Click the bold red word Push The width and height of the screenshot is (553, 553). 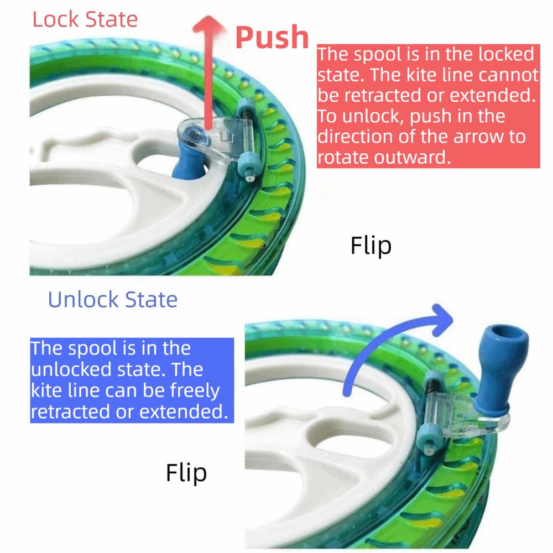point(272,37)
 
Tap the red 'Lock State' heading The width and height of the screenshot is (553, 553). point(85,19)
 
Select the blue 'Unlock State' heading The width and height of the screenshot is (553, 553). point(113,300)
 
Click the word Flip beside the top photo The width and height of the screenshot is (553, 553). point(371,245)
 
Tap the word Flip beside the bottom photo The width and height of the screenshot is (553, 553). point(186,473)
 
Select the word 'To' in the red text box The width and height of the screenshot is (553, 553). point(326,117)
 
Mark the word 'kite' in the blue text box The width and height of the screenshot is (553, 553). point(47,391)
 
